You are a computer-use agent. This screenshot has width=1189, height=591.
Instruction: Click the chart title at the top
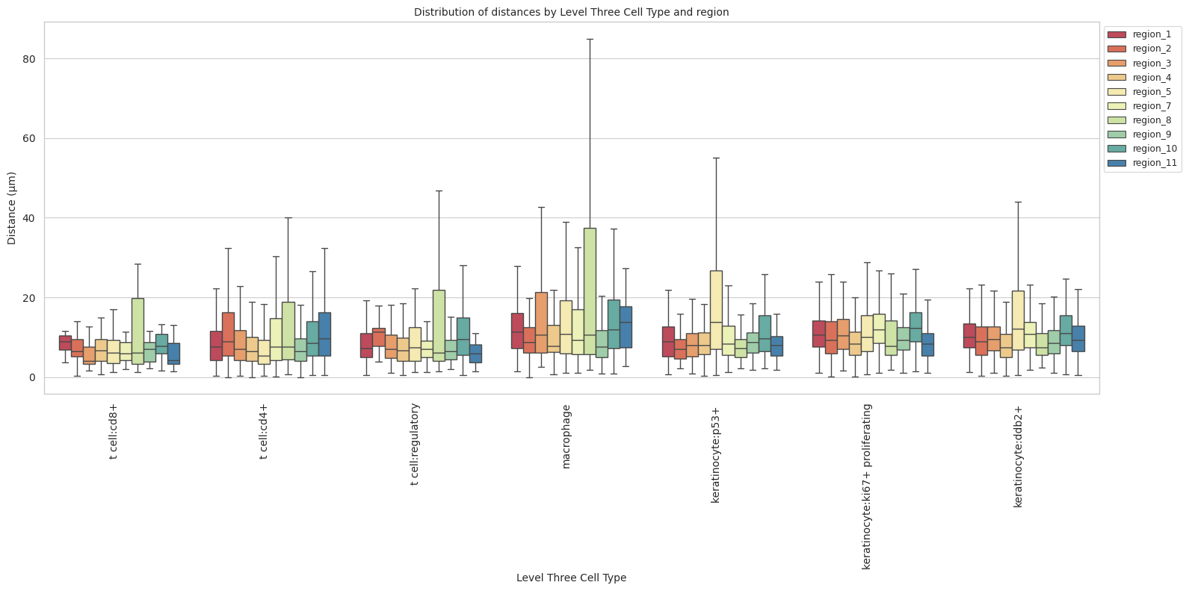(x=571, y=12)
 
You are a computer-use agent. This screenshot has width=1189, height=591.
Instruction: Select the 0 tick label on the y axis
(x=32, y=377)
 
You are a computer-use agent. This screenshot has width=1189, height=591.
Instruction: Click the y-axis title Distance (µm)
(x=12, y=208)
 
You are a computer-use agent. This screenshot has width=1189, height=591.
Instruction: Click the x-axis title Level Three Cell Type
(x=571, y=578)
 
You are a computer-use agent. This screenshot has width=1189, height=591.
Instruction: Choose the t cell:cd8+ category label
(x=114, y=431)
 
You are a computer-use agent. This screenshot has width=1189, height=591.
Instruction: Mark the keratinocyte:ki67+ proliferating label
(x=867, y=486)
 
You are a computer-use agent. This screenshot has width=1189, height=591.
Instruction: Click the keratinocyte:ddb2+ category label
(x=1018, y=456)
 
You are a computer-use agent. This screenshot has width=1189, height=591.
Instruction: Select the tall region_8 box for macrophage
(x=590, y=291)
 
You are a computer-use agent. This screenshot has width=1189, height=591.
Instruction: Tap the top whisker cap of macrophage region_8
(x=590, y=39)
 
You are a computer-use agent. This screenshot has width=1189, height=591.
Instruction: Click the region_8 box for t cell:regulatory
(x=439, y=325)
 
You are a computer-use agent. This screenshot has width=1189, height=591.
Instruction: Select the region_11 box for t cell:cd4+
(x=324, y=334)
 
